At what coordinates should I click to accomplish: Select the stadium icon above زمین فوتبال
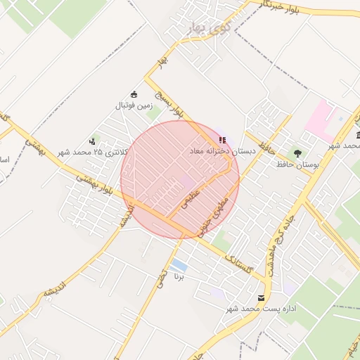[x=134, y=95]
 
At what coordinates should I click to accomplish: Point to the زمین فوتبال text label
[x=134, y=106]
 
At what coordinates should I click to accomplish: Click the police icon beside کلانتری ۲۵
[x=93, y=141]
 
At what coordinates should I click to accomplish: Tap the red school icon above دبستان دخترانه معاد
[x=222, y=141]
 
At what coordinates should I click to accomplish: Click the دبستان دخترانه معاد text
[x=219, y=151]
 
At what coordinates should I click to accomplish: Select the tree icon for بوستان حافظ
[x=297, y=153]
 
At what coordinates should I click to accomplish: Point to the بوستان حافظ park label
[x=297, y=164]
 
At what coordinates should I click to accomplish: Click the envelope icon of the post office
[x=262, y=298]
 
